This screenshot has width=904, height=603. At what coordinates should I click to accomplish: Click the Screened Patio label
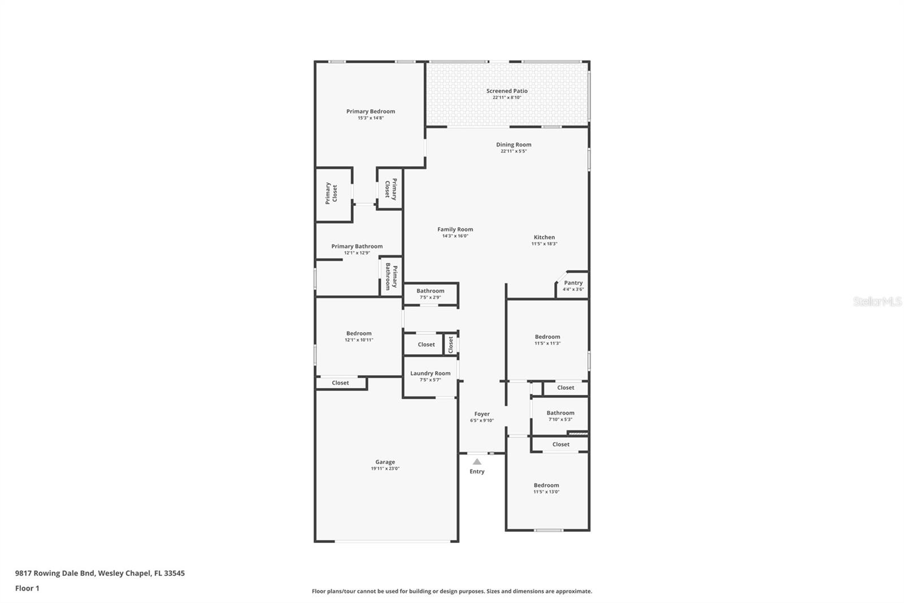click(x=507, y=91)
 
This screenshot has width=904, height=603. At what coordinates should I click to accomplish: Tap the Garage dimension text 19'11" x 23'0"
click(x=385, y=468)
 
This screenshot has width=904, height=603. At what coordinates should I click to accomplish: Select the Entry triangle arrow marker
click(x=477, y=462)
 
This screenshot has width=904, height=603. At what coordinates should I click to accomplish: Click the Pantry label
click(x=573, y=283)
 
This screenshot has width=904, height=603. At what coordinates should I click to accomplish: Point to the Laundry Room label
click(x=430, y=373)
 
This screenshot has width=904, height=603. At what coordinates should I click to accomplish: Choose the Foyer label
click(x=482, y=414)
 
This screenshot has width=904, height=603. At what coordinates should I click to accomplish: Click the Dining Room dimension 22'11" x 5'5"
click(x=513, y=151)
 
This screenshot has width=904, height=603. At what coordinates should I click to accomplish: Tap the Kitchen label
click(x=544, y=238)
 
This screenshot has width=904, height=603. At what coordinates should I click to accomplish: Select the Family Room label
click(x=455, y=230)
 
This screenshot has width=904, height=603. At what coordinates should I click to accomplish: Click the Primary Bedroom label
click(x=371, y=111)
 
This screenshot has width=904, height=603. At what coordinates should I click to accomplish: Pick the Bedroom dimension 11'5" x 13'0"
click(x=546, y=492)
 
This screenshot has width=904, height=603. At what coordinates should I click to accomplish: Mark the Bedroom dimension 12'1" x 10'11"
click(x=359, y=340)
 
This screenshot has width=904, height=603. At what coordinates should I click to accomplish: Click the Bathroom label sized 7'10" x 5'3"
click(x=560, y=413)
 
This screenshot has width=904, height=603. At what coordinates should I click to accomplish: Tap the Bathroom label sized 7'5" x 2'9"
click(x=430, y=291)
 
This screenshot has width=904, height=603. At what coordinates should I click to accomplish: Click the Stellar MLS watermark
click(x=877, y=302)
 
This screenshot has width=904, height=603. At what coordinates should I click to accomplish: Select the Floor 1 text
click(x=27, y=588)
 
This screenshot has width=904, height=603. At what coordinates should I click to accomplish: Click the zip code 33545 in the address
click(x=174, y=573)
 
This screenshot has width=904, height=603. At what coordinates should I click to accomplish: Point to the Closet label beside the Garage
click(x=340, y=383)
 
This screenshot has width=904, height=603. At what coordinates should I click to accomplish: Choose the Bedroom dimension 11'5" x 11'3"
click(x=547, y=343)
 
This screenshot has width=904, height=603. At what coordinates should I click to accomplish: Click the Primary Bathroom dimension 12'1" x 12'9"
click(x=357, y=253)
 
